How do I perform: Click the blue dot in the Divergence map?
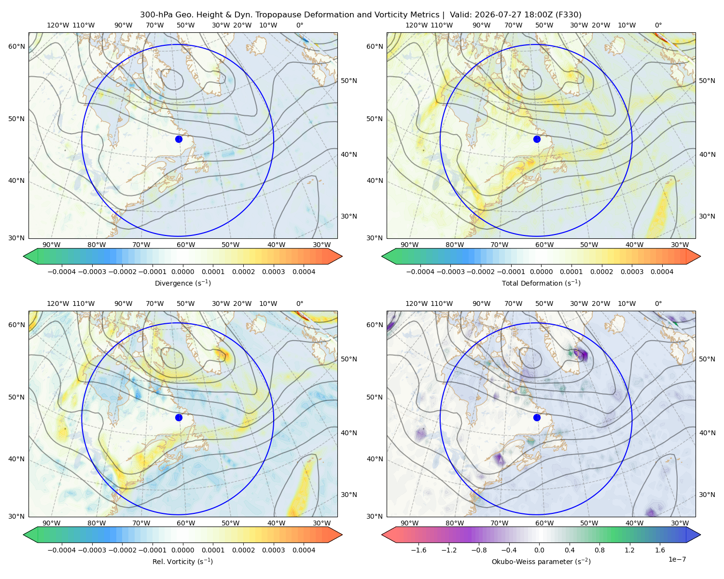tap(179, 139)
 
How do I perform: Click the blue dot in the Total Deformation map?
tap(537, 139)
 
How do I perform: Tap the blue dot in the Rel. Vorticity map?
tap(179, 417)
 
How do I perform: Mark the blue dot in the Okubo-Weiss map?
tap(537, 417)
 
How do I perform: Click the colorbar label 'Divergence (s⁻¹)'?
tap(182, 283)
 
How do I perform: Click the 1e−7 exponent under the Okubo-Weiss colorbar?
tap(677, 559)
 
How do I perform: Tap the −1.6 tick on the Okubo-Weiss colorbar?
tap(418, 550)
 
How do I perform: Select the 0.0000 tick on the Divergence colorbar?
tap(182, 272)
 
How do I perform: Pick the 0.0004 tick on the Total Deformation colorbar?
tap(662, 272)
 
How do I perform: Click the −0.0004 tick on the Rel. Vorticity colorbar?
tap(62, 550)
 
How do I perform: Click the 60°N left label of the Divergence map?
tap(16, 46)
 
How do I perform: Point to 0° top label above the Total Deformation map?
tap(658, 25)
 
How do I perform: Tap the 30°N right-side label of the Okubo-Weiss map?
tap(707, 494)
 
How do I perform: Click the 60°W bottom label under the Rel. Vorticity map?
tap(186, 523)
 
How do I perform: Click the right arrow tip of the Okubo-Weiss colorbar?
tap(700, 535)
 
